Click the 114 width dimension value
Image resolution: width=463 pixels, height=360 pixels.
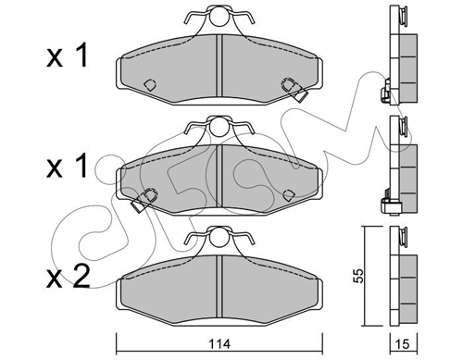219,343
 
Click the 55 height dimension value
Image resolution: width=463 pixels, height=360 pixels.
359,276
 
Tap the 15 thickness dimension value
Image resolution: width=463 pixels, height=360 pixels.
403,343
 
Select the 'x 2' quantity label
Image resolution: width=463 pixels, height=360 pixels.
68,277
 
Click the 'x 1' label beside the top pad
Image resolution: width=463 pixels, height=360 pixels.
68,56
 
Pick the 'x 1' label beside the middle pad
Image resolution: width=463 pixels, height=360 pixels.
68,167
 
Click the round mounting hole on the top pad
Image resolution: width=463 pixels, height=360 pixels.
219,17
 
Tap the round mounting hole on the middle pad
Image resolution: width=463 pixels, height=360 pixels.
219,127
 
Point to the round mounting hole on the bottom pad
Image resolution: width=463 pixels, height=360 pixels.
219,237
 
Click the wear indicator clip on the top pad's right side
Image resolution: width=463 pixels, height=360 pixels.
294,89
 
